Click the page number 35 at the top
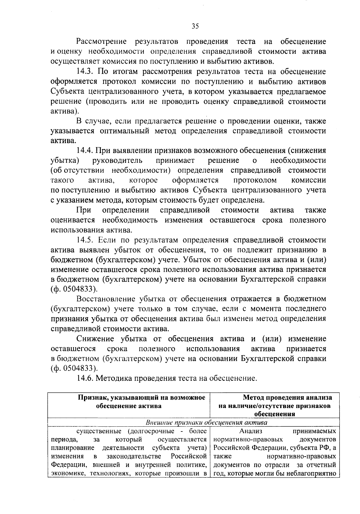[195, 26]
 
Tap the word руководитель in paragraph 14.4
[118, 160]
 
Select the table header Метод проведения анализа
[287, 398]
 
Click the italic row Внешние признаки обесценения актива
[206, 423]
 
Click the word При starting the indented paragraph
[84, 210]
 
